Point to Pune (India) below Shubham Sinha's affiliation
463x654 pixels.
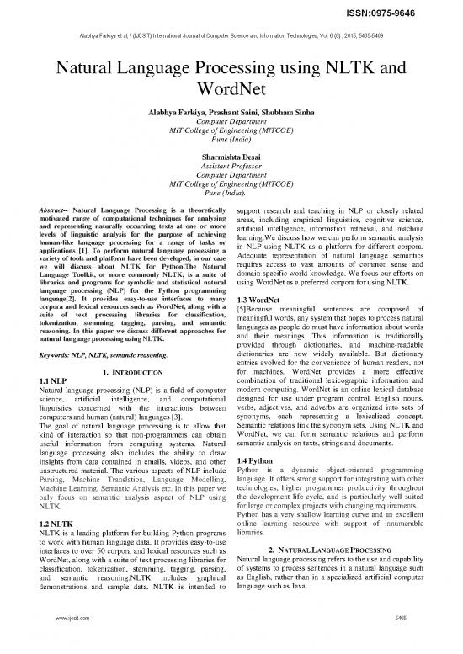231,143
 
